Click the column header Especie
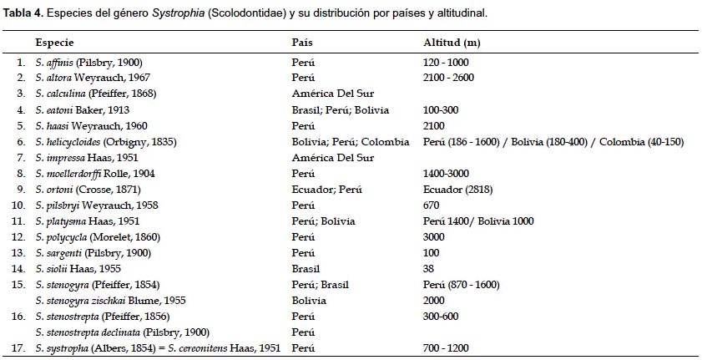53,42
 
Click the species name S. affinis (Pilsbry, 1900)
87,62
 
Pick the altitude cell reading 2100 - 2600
450,78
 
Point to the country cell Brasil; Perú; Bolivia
340,109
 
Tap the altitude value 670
432,205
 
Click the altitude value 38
429,268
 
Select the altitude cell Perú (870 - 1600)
462,284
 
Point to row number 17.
20,347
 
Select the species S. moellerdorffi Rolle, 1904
95,173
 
